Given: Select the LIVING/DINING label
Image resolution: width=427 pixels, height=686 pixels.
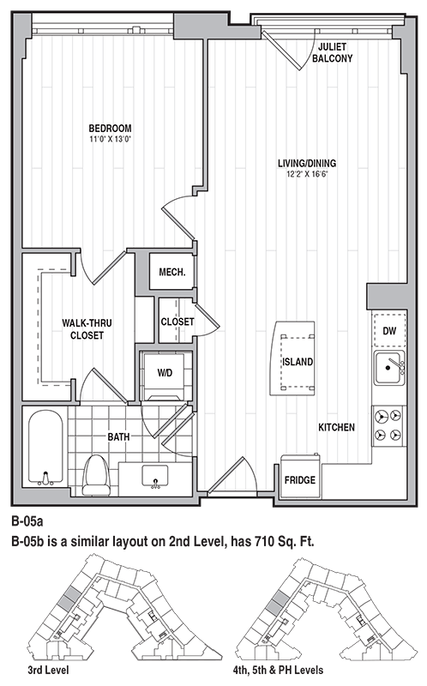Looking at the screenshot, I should tap(306, 164).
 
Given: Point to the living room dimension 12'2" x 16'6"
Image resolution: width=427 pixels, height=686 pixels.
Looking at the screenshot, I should tap(306, 174).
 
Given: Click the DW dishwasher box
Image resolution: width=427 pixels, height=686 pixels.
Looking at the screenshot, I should tap(389, 330).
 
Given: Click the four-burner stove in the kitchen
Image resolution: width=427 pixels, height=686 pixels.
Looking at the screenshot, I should tap(389, 424).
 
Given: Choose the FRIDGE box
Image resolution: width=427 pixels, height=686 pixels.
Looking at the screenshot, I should tap(299, 479).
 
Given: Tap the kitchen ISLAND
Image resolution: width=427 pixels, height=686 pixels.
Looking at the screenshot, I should tap(296, 360).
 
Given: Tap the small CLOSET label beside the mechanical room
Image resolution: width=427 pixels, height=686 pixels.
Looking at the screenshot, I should tap(177, 322).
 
